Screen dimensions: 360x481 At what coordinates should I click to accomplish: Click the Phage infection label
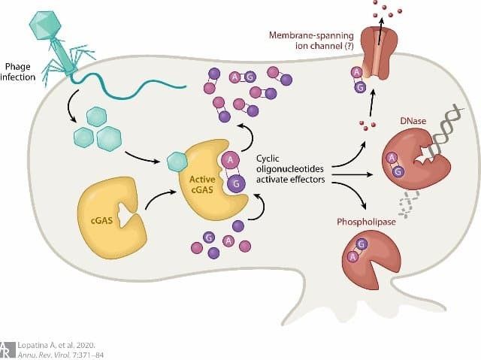click(18, 71)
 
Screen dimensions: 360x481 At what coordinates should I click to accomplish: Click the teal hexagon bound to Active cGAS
click(176, 161)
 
